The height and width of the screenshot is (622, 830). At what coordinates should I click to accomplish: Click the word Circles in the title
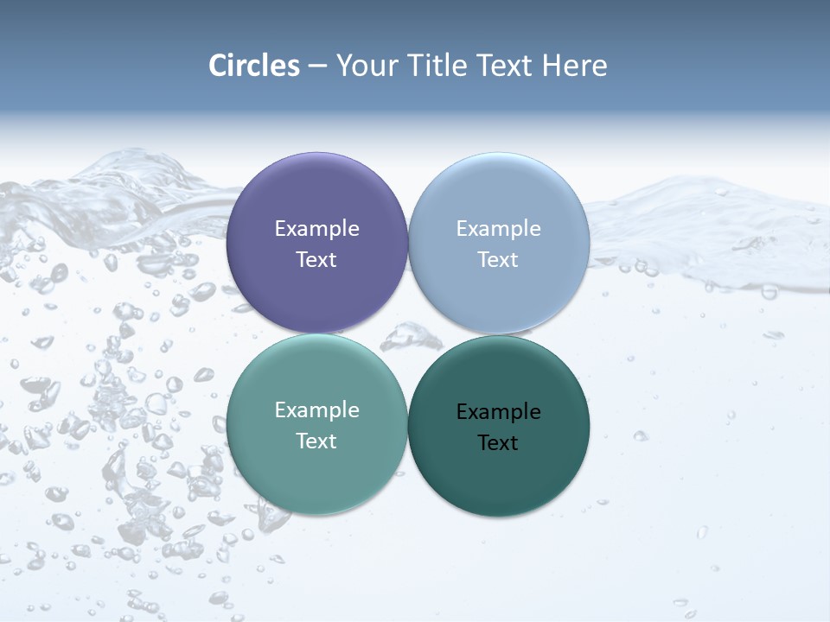pos(254,66)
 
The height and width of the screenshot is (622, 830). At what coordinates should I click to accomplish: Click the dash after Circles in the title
pos(317,67)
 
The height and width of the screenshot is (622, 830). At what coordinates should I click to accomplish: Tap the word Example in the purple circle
pos(316,229)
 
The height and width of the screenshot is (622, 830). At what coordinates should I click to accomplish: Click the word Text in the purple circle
pos(316,260)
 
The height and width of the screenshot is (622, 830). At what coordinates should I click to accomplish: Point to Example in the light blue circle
pos(498,229)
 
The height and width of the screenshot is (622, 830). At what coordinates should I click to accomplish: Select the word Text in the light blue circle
pos(498,260)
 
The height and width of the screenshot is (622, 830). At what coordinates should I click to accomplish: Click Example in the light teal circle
pos(316,410)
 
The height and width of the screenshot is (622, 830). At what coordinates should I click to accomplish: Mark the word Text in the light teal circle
pos(316,441)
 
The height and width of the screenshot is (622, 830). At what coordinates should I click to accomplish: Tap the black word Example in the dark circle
pos(498,412)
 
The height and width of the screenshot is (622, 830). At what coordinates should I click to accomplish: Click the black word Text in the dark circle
pos(498,443)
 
